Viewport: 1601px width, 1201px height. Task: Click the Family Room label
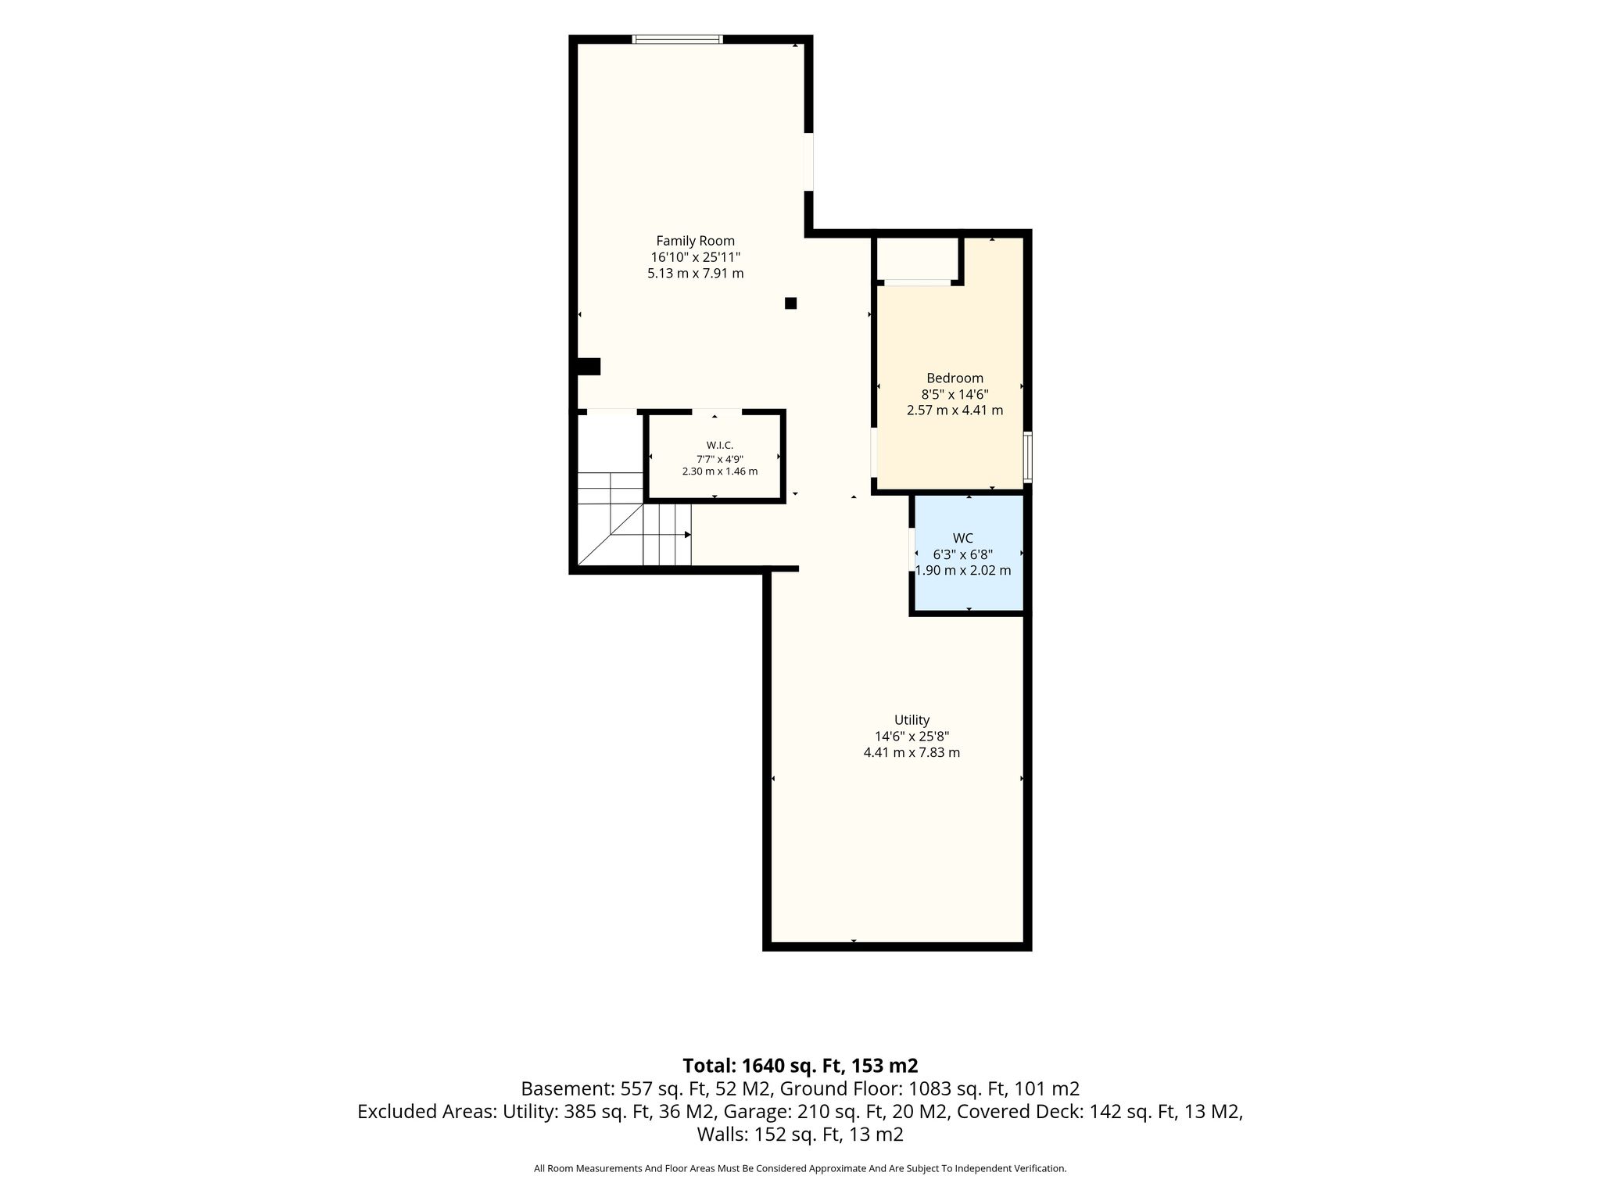695,241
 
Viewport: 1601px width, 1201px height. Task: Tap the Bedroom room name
955,378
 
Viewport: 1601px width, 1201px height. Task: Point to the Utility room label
912,720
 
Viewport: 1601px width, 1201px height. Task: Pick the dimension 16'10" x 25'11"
695,257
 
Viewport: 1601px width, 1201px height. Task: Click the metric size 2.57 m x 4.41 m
955,410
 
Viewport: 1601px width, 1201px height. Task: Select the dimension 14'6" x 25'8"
912,737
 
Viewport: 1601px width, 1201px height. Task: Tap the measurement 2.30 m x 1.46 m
719,471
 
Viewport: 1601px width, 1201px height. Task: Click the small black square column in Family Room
790,303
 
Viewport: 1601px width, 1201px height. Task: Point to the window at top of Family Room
677,39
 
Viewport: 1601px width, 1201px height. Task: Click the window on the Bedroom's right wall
1028,457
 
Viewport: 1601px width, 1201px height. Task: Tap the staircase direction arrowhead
688,535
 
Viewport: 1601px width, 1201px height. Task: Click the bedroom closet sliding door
917,283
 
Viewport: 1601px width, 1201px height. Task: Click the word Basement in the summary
567,1088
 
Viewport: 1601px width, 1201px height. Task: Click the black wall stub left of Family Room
588,366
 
